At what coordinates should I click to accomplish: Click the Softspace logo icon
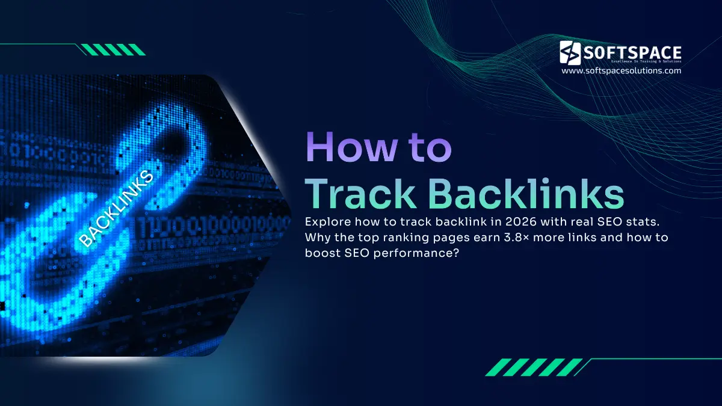[570, 52]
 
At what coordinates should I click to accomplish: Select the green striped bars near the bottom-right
[533, 367]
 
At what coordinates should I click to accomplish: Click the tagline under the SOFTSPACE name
[638, 62]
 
